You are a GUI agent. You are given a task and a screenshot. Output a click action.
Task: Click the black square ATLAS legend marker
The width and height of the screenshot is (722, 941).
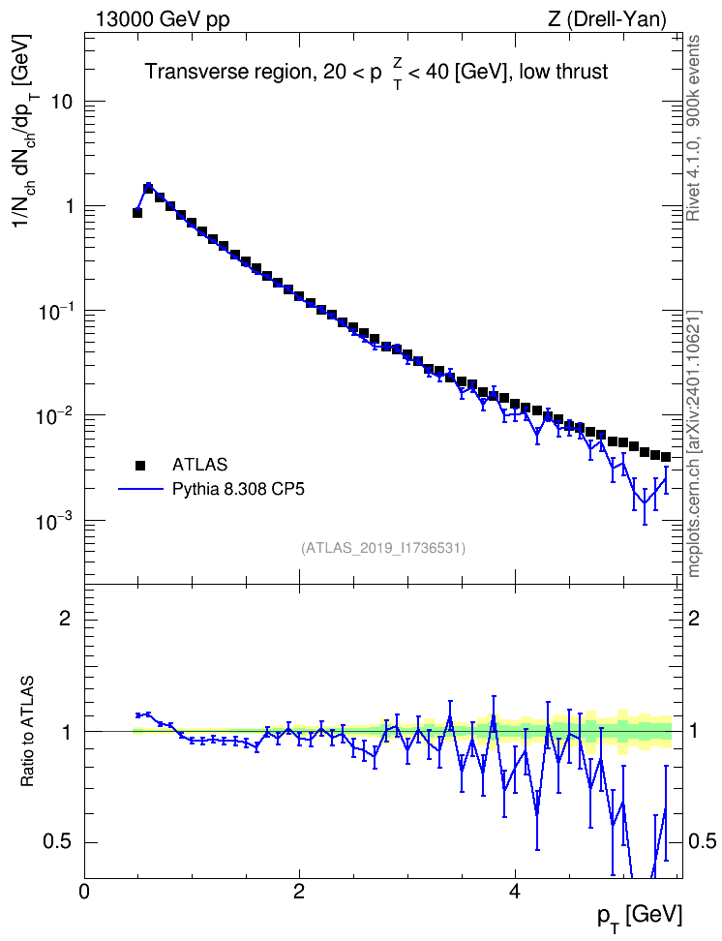[140, 465]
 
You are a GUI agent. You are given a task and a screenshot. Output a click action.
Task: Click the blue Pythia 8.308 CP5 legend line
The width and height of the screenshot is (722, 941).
[140, 490]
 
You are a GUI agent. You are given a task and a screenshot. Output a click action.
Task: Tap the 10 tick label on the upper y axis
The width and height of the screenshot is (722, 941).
[61, 102]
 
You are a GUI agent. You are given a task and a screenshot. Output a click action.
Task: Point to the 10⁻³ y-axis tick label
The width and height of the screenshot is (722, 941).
[53, 521]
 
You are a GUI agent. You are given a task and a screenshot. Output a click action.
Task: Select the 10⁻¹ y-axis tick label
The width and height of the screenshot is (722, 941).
[53, 311]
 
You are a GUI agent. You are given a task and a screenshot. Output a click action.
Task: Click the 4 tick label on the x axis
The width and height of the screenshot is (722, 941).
[514, 891]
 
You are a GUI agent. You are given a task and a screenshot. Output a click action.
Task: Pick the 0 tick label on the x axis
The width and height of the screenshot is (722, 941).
[84, 891]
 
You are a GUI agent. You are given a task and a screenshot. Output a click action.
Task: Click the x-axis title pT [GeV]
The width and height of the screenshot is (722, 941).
[640, 917]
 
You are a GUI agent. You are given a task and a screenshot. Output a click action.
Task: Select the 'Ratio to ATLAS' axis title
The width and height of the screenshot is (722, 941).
[27, 732]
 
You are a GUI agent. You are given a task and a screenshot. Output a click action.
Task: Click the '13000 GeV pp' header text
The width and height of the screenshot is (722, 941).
[162, 20]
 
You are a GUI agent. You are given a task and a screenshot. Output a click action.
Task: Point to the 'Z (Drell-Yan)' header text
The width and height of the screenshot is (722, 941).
[607, 19]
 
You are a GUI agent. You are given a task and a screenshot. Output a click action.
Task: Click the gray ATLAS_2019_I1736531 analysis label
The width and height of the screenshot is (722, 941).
[383, 548]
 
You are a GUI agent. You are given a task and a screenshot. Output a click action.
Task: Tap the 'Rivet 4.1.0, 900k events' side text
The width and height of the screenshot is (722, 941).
[693, 128]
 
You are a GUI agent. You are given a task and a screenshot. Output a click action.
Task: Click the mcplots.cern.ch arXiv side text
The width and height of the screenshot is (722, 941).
[694, 444]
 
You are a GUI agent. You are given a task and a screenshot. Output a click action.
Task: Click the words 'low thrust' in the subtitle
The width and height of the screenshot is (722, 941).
[563, 72]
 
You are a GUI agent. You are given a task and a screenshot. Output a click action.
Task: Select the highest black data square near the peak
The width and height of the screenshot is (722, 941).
[148, 189]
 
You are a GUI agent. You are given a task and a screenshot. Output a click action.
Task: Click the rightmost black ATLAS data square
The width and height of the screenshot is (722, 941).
[666, 457]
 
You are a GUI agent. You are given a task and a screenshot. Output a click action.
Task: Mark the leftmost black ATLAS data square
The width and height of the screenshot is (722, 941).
[137, 212]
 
